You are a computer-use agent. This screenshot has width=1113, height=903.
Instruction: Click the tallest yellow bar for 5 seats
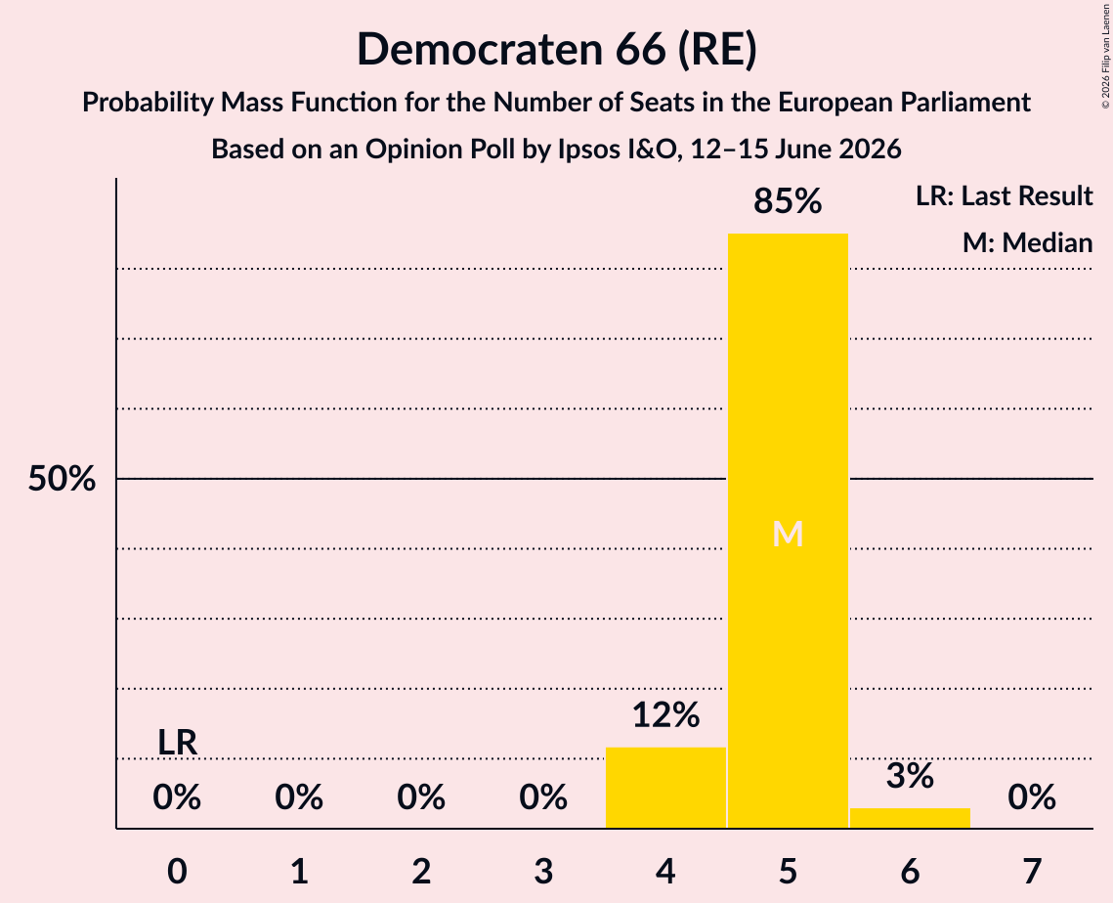point(788,531)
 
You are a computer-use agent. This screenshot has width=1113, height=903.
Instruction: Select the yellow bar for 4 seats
point(665,788)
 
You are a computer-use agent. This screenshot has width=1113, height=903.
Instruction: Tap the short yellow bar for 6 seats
point(910,818)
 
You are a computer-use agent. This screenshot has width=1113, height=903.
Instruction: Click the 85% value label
point(788,201)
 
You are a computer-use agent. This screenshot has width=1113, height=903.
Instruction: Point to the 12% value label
point(665,715)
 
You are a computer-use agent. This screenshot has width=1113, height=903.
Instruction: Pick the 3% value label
point(910,776)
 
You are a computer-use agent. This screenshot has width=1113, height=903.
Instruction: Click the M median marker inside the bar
point(788,534)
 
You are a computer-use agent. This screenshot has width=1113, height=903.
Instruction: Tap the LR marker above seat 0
point(177,743)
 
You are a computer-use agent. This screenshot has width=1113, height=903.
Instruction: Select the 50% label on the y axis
point(62,479)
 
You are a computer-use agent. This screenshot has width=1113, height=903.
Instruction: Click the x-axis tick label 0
point(178,871)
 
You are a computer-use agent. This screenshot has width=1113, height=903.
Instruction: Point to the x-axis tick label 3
point(543,871)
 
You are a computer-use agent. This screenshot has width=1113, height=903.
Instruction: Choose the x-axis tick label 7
point(1032,871)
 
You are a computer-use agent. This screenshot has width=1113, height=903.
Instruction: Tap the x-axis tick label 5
point(788,871)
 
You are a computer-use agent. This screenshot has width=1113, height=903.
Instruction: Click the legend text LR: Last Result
point(1005,195)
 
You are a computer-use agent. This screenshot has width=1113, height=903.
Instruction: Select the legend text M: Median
point(1028,242)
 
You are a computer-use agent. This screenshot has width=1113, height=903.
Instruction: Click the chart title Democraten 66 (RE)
point(557,50)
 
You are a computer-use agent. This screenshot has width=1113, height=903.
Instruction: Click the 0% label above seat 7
point(1032,797)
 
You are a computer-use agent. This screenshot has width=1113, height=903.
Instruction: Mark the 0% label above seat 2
point(421,797)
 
